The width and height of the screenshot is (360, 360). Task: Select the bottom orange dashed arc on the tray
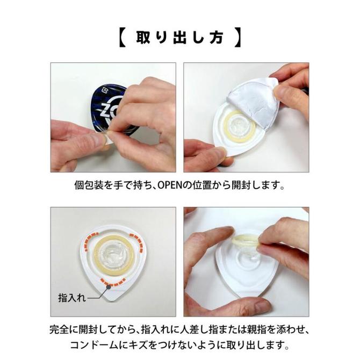pyautogui.click(x=113, y=280)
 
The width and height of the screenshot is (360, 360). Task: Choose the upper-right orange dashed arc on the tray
pyautogui.click(x=138, y=236)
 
